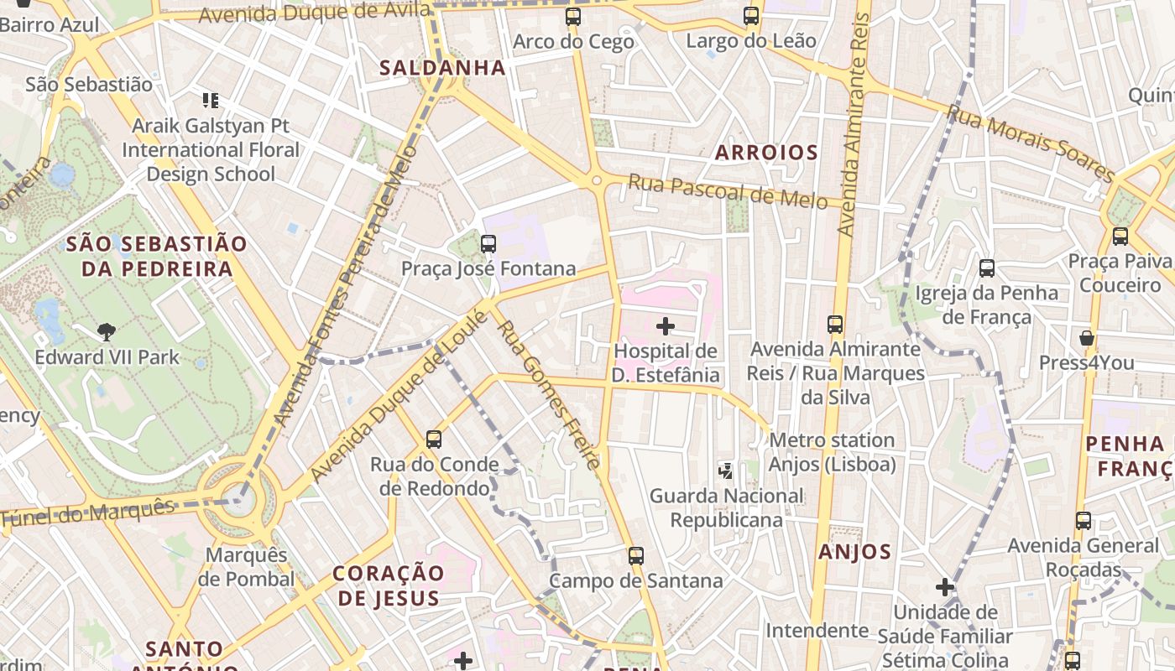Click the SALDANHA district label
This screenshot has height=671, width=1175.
pos(442,68)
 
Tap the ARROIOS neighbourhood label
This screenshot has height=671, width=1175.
pos(765,153)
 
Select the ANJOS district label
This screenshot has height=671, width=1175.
pos(854,551)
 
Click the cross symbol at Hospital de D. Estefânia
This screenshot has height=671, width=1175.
pos(666,325)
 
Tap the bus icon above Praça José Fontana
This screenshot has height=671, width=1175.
pos(488,244)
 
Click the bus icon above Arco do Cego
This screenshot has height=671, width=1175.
pos(573,16)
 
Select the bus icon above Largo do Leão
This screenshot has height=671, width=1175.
pos(751,15)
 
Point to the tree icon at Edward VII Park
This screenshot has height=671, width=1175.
pos(107,332)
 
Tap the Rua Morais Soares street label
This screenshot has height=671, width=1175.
pos(1031,143)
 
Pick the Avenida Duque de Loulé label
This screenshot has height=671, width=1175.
pos(398,396)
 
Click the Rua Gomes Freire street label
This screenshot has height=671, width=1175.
pos(550,394)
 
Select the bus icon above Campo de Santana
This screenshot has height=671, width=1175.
pos(636,555)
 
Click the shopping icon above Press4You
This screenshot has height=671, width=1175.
pos(1087,338)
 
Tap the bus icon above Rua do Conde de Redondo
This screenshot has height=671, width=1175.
pos(434,439)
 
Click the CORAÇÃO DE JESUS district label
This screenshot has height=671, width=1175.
pos(388,585)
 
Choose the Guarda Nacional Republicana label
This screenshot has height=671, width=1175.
pos(727,507)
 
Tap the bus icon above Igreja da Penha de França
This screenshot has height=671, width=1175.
pos(987,268)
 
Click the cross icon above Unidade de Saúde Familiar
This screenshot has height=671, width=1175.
pos(945,587)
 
